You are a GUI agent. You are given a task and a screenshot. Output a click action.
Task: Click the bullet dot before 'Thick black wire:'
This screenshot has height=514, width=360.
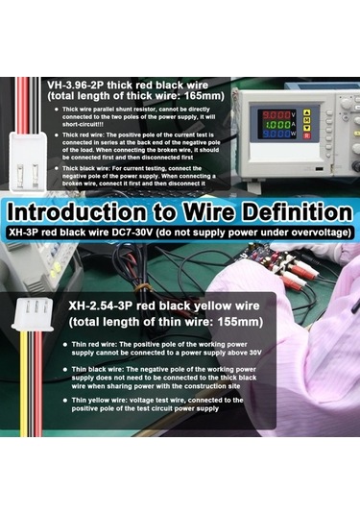tap(57, 169)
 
